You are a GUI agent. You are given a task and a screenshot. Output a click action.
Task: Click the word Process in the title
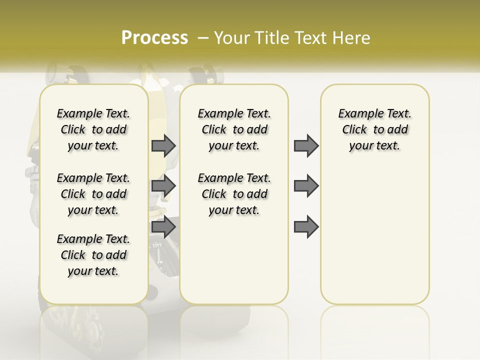click(154, 37)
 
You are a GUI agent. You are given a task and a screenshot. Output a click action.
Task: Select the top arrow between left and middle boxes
click(163, 145)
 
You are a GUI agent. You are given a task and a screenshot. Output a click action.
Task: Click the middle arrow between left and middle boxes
click(163, 186)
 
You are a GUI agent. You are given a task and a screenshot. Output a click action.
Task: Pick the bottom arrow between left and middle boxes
click(163, 226)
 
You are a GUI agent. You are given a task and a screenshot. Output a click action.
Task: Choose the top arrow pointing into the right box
click(306, 145)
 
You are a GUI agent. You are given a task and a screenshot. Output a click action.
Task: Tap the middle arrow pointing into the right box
click(306, 186)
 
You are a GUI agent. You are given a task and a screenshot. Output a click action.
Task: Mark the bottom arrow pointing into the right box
click(306, 226)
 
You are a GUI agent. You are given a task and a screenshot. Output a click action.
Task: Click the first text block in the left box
click(93, 129)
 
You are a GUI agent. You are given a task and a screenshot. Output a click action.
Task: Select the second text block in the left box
click(93, 194)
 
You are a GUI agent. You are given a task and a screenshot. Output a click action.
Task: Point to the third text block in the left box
click(93, 255)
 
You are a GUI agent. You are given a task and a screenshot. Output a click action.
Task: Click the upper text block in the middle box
click(234, 129)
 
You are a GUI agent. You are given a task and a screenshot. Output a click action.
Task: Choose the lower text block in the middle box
click(234, 194)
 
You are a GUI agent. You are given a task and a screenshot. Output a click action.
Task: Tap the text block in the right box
click(375, 129)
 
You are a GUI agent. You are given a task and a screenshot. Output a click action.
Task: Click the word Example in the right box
click(358, 114)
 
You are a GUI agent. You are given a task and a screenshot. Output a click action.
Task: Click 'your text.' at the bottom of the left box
click(93, 271)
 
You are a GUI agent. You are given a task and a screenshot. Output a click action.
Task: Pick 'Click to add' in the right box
click(375, 129)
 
